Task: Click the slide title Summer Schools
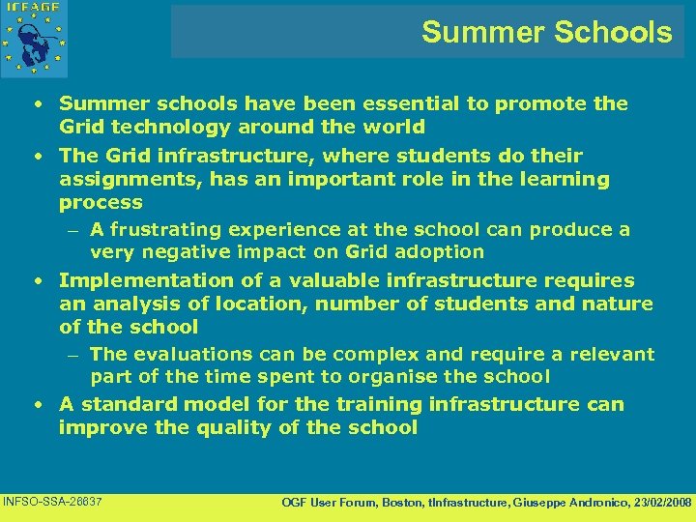click(546, 32)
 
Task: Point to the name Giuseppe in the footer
click(520, 503)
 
